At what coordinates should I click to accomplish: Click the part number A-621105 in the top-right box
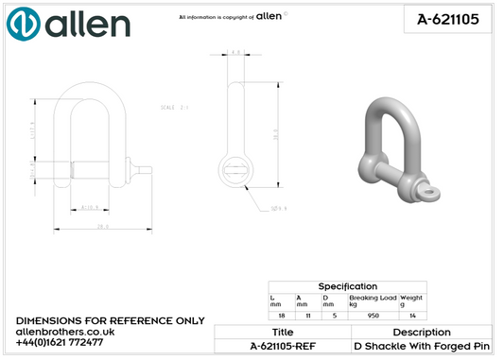coord(444,19)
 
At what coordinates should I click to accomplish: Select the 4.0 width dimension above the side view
coord(235,53)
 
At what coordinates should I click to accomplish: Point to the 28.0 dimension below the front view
coord(100,226)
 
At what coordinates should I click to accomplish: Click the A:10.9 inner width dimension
coord(91,206)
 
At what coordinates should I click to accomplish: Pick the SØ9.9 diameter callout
coord(280,207)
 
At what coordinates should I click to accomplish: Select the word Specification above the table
coord(347,285)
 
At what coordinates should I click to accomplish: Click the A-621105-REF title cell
coord(282,347)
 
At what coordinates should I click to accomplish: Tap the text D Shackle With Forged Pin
coord(422,347)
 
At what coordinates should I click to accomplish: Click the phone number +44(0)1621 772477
coord(60,341)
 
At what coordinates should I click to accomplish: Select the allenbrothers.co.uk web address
coord(65,331)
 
